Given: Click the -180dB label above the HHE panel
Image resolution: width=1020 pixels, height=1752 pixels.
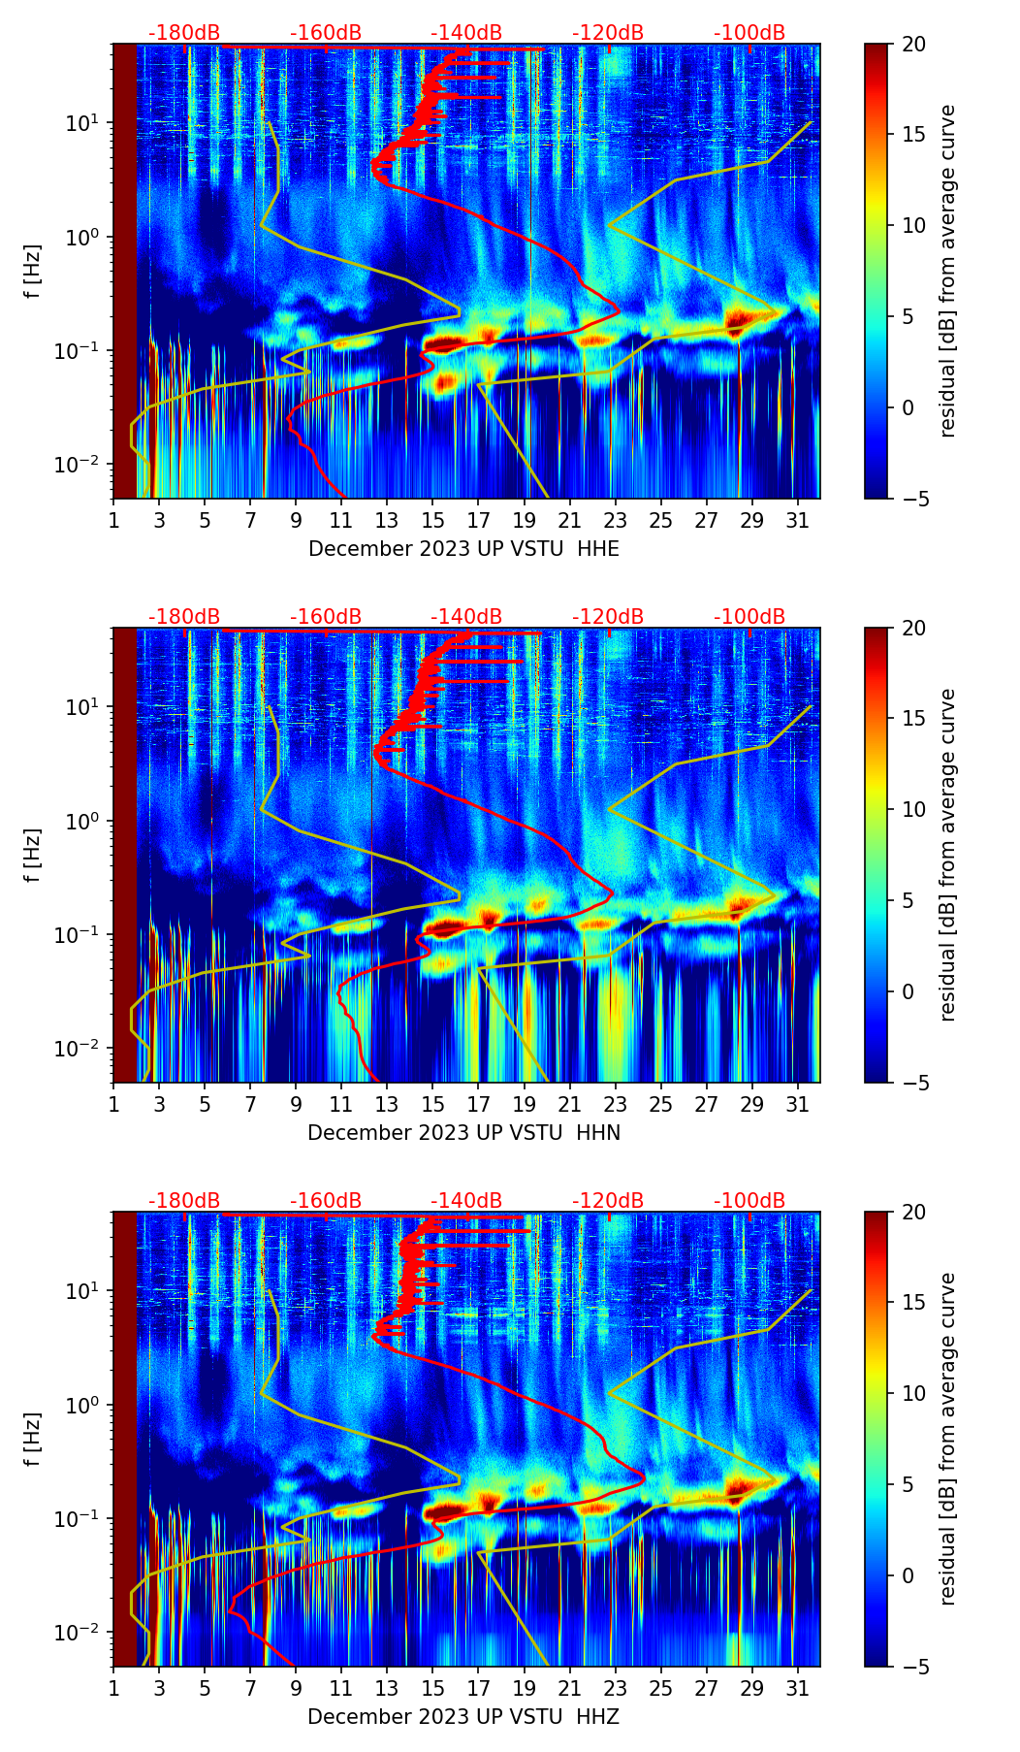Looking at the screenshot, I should click(184, 33).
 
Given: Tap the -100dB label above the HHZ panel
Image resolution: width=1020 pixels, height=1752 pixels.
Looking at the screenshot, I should click(749, 1201).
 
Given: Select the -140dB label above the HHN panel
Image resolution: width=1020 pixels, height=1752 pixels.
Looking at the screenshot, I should click(466, 617).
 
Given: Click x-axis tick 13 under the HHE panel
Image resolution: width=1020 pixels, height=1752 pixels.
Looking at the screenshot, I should click(387, 520).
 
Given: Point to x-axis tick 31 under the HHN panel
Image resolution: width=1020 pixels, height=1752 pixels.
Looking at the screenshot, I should click(798, 1104).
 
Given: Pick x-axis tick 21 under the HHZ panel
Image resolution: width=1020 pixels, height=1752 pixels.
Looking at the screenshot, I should click(570, 1688).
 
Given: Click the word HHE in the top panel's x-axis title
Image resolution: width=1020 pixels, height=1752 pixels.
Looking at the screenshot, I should click(598, 549).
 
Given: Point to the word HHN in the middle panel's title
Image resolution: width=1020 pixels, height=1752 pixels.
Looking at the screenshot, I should click(598, 1133).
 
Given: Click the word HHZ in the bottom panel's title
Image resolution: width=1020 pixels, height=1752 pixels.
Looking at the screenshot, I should click(597, 1717).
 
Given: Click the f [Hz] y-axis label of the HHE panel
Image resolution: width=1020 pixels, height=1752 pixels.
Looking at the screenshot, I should click(33, 271).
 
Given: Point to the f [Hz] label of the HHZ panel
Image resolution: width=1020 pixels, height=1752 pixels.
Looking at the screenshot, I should click(33, 1439).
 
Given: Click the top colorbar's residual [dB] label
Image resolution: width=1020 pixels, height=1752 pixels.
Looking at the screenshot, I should click(948, 271).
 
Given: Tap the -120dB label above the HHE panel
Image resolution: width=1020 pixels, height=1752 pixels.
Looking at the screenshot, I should click(608, 33).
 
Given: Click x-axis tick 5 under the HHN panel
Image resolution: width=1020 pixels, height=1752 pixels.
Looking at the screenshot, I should click(205, 1104).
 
